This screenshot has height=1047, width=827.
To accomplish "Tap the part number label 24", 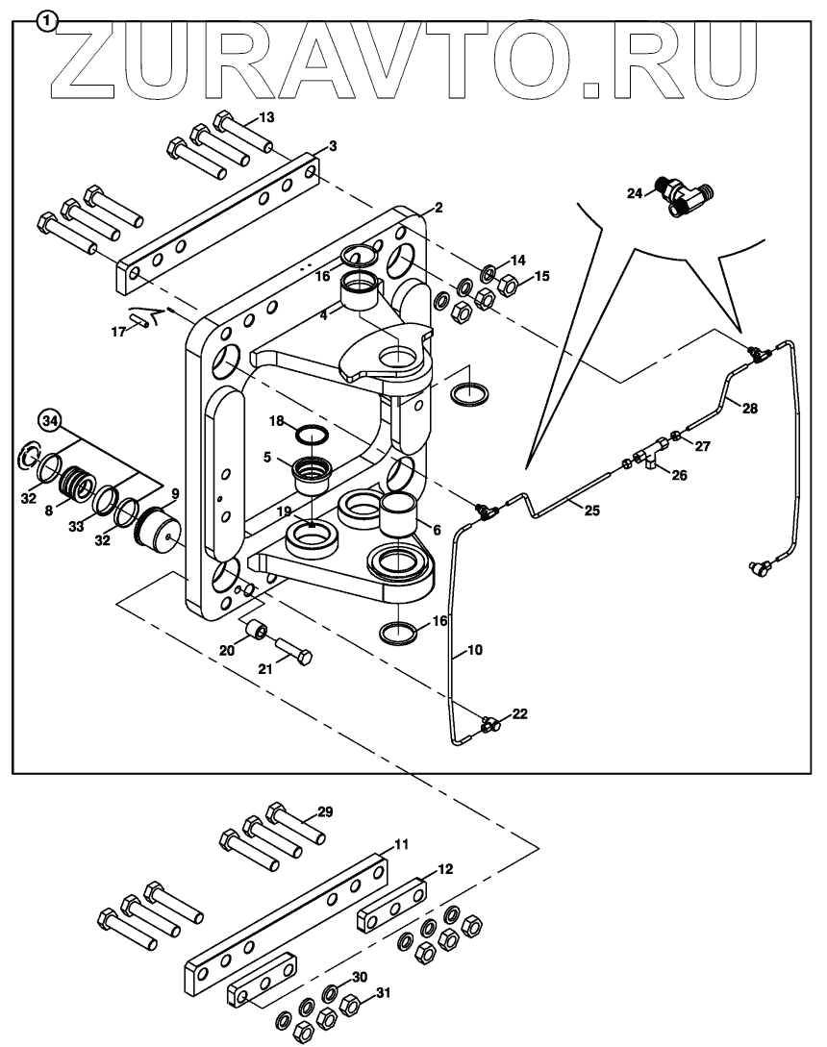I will pos(634,192).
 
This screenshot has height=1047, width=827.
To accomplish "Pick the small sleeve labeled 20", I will pos(258,631).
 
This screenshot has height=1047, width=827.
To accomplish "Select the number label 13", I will pos(266,117).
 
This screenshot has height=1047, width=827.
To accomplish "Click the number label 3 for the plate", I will pos(332,146).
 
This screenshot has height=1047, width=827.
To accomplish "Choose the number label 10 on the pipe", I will pos(474,651).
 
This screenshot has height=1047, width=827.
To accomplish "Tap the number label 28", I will pos(750,408).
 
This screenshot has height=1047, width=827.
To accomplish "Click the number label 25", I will pos(591,511).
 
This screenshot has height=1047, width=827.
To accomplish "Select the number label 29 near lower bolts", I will pos(325,812).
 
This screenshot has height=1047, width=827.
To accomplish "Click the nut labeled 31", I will pos(351,1006).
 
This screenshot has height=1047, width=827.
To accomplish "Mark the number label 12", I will pos(444,868).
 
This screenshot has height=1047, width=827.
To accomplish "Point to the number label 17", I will pos(118,331).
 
